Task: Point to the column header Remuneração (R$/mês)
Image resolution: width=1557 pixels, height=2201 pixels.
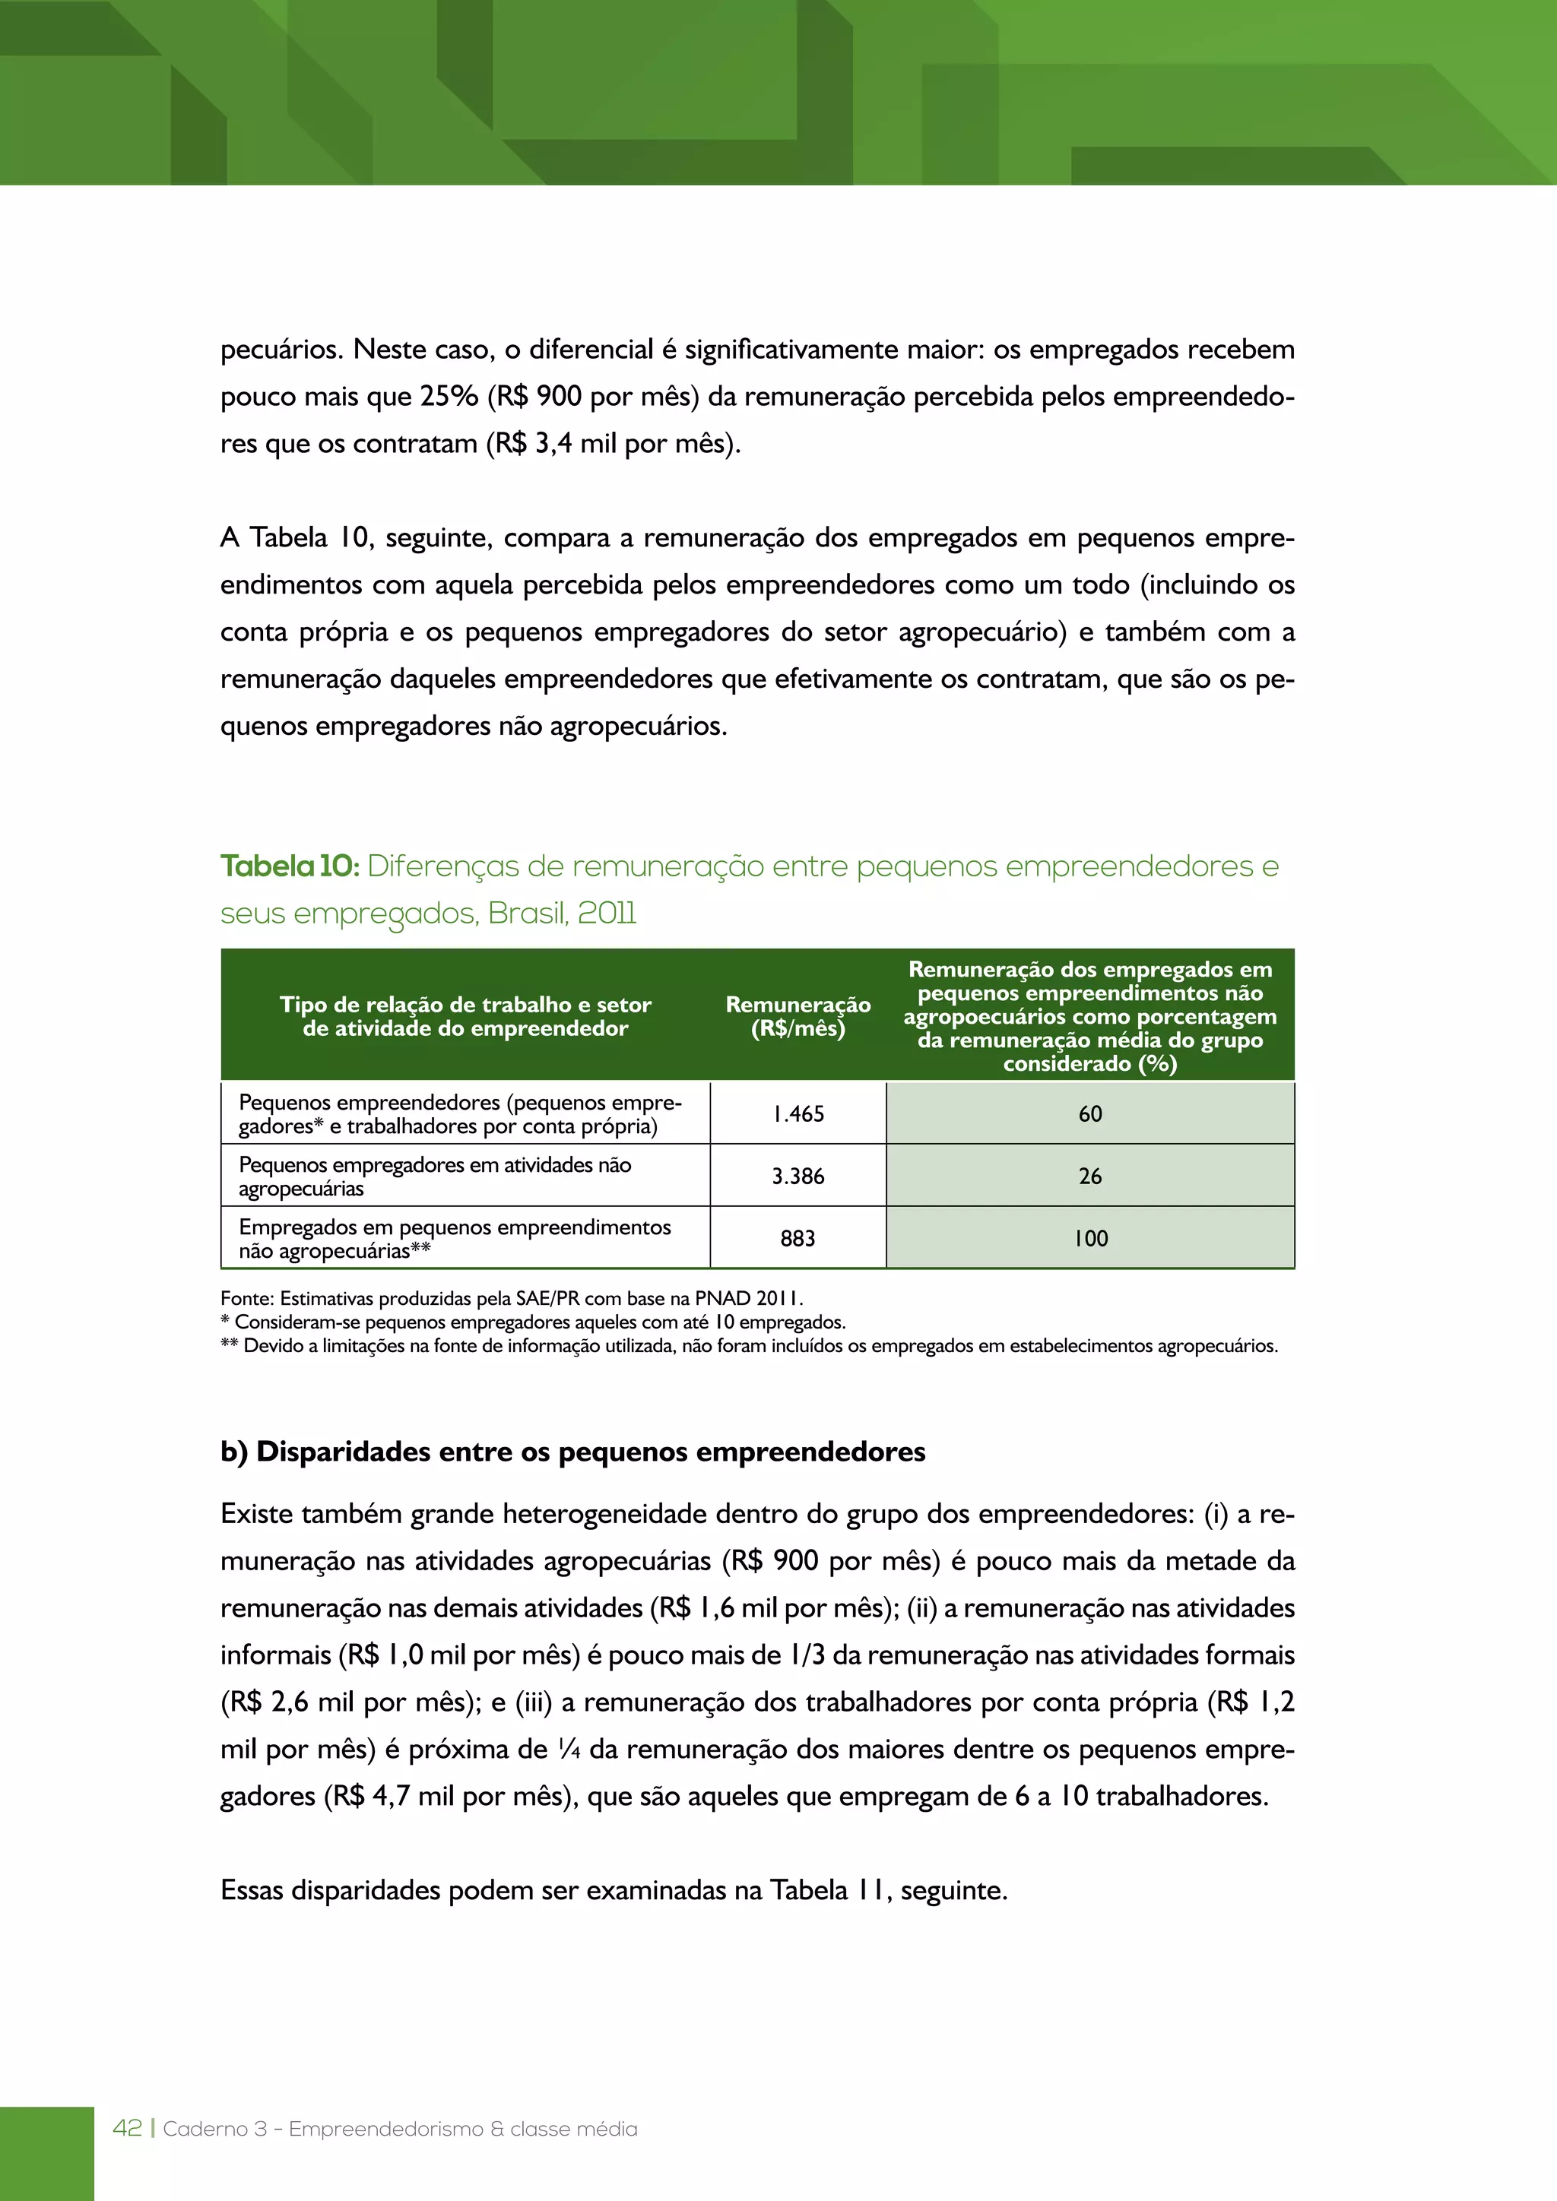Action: (798, 1016)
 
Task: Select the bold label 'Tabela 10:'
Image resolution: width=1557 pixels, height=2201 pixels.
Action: (290, 866)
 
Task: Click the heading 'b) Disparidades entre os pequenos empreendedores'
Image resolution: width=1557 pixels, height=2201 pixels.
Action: (572, 1452)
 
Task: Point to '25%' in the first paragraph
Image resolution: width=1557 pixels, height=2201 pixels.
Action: (449, 397)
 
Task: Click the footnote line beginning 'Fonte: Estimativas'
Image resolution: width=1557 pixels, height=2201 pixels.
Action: (511, 1299)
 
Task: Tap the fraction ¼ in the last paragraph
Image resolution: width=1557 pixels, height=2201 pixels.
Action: (569, 1750)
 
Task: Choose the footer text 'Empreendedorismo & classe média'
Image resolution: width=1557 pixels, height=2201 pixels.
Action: (462, 2129)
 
